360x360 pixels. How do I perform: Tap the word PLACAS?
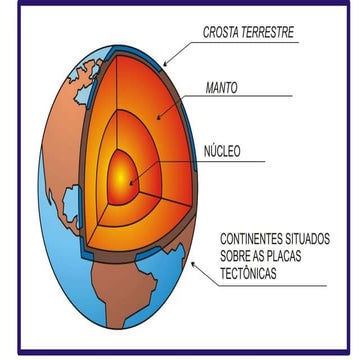click(x=305, y=258)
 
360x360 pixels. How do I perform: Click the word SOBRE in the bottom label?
click(x=240, y=258)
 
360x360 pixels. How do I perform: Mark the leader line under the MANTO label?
click(x=250, y=97)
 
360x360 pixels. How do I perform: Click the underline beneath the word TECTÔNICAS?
click(x=270, y=285)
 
